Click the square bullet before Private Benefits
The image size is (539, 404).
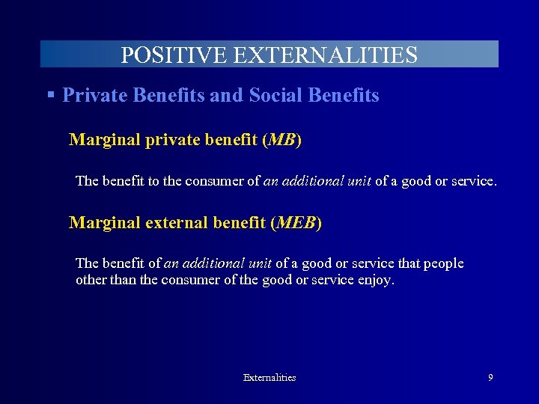tap(50, 95)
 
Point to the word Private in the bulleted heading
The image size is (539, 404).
tap(92, 96)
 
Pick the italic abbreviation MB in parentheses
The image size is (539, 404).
tap(282, 140)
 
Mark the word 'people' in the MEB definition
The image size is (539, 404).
tap(445, 263)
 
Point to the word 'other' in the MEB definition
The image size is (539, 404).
tap(91, 281)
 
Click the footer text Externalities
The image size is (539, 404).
tap(269, 378)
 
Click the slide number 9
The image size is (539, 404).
tap(490, 378)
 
